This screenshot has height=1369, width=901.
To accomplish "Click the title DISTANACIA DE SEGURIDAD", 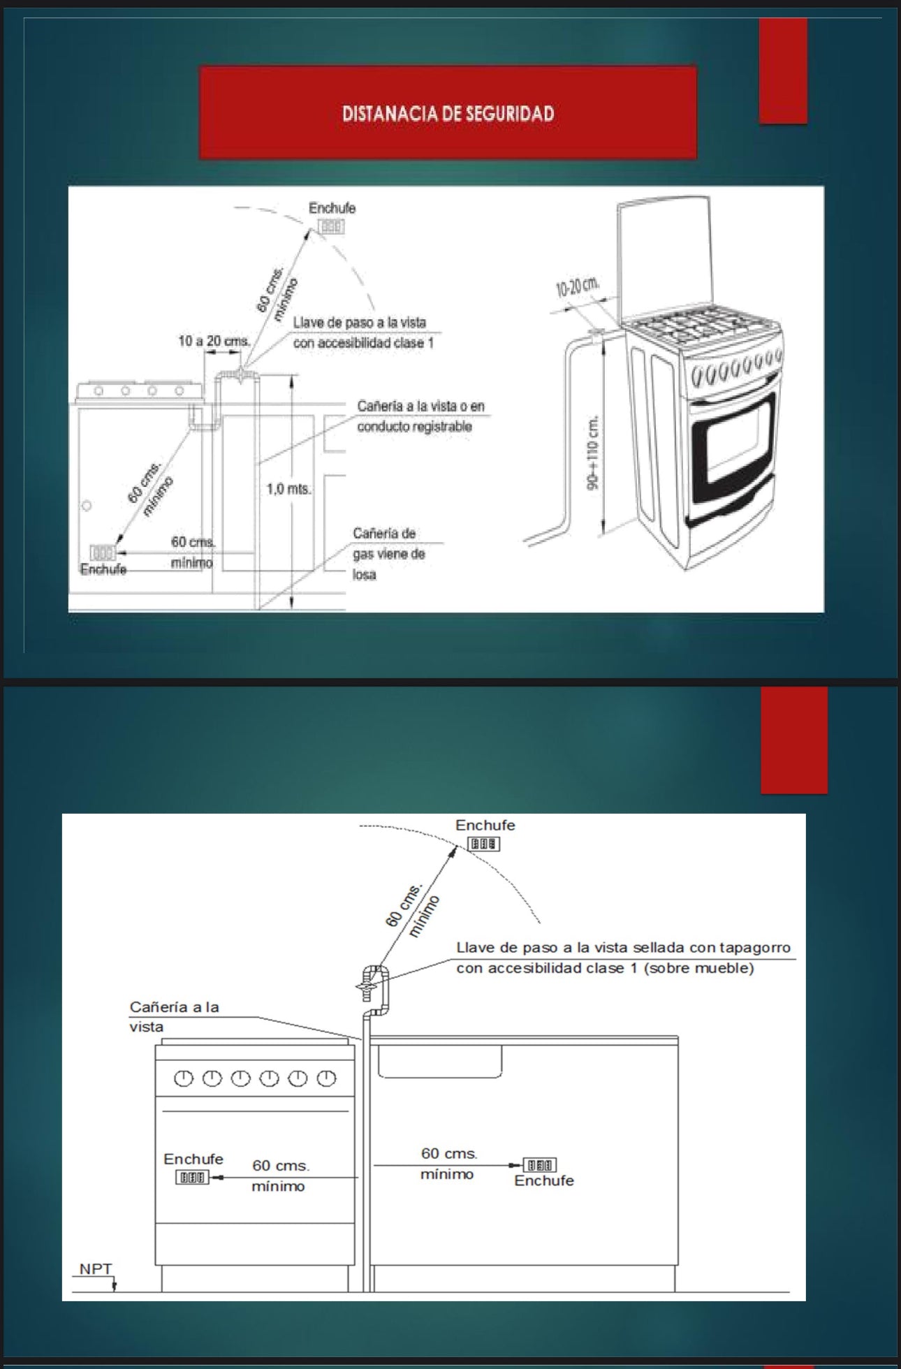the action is pos(448,114).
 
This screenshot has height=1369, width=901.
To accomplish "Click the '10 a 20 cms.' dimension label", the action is pos(214,341).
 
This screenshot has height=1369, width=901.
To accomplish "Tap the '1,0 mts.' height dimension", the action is pos(288,489).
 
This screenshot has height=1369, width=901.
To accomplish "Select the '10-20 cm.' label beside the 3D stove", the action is pos(577,287).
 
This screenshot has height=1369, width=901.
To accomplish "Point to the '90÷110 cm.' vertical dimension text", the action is pos(594,453).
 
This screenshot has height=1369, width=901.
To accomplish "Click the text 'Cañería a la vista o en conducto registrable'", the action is pos(420,416).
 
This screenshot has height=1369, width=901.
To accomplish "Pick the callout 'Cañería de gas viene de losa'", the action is pos(388,554).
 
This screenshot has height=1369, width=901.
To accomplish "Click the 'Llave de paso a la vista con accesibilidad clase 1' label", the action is pos(362,332).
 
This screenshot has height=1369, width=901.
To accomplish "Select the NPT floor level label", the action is pos(95,1269).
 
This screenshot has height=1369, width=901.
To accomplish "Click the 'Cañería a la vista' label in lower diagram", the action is pos(174,1017).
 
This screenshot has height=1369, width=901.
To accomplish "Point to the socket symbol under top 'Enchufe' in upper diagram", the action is pos(331,227).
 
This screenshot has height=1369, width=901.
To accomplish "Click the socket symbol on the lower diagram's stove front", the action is pos(191,1178).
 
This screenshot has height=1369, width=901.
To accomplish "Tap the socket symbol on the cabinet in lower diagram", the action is pos(541,1164).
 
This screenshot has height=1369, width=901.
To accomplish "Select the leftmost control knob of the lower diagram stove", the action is pos(183,1078).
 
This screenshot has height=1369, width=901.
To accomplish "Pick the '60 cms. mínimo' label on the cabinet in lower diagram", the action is pos(448,1164).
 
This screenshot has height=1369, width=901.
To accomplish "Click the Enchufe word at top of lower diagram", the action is pos(485,825).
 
